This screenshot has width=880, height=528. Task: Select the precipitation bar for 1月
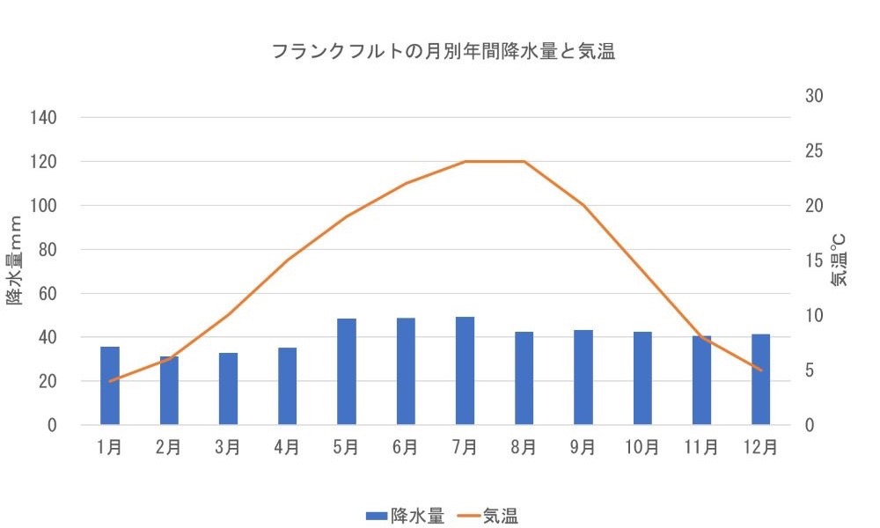pyautogui.click(x=110, y=386)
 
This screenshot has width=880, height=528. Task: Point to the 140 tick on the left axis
pyautogui.click(x=45, y=118)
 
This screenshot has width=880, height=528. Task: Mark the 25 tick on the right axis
pyautogui.click(x=815, y=150)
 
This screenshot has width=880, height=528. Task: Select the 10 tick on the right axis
pyautogui.click(x=815, y=316)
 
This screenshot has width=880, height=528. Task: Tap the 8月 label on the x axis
pyautogui.click(x=524, y=447)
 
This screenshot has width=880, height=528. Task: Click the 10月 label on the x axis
pyautogui.click(x=642, y=447)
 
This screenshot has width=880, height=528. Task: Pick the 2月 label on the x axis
pyautogui.click(x=169, y=447)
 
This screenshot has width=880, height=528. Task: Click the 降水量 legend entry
pyautogui.click(x=406, y=516)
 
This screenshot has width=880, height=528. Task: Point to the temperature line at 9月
pyautogui.click(x=583, y=205)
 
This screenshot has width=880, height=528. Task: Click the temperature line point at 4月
pyautogui.click(x=288, y=260)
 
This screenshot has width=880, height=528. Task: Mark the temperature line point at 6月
pyautogui.click(x=406, y=183)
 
